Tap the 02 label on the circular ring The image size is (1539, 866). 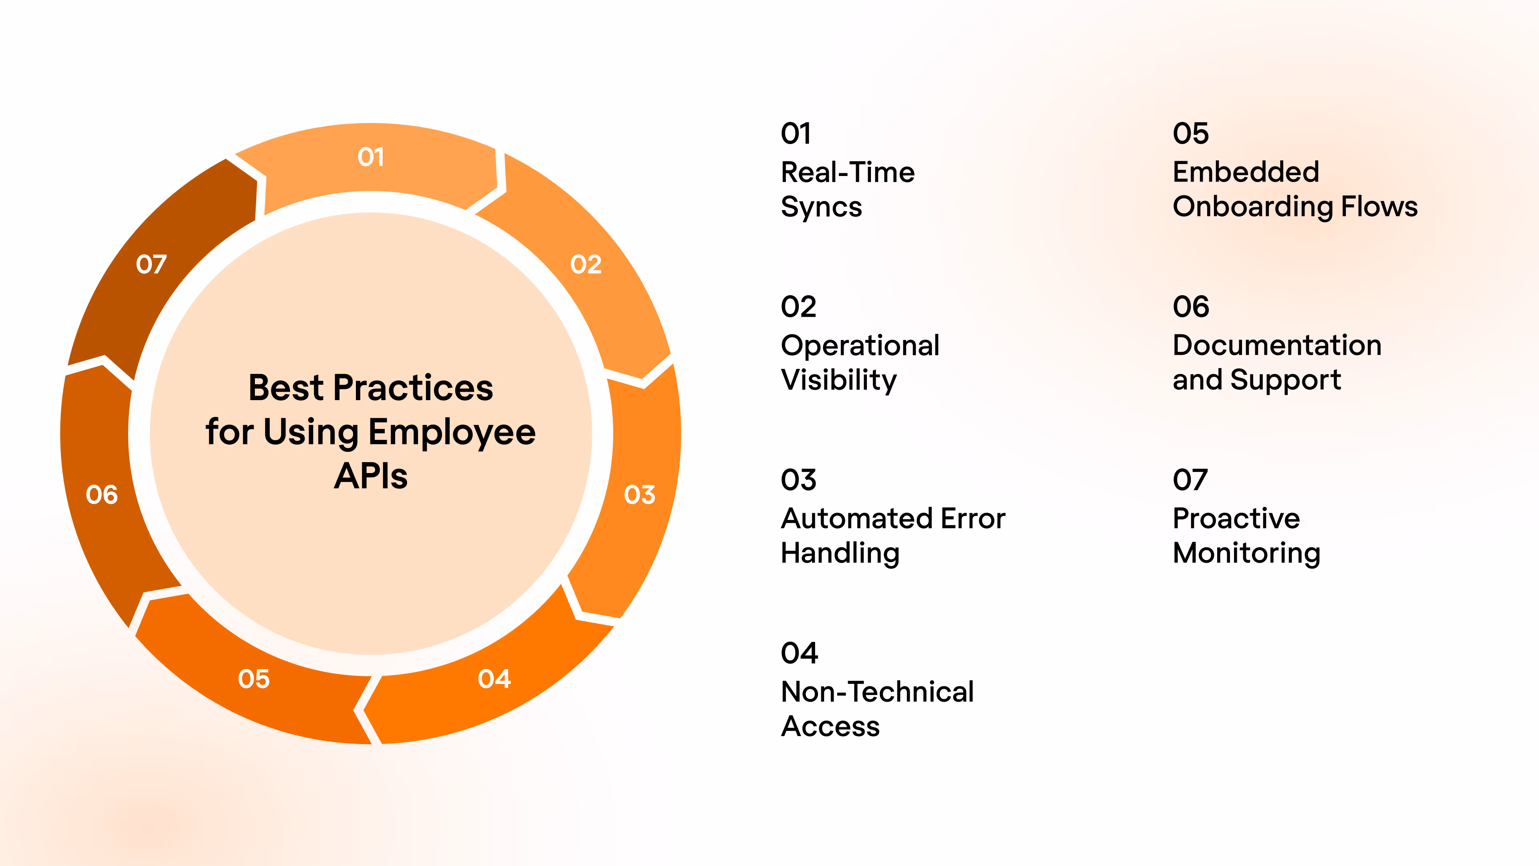coord(586,264)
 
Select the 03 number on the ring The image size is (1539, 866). coord(639,494)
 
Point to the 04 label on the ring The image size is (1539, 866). coord(494,678)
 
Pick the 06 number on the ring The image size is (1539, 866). coord(101,494)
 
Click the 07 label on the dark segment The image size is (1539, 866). coord(151,264)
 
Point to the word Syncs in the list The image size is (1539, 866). coord(822,207)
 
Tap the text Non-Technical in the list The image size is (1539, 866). coord(877,692)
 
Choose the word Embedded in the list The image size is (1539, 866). coord(1246,172)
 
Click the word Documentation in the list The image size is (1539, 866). coord(1277,346)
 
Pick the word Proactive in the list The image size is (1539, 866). coord(1236,518)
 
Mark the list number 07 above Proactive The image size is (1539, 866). coord(1190,480)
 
